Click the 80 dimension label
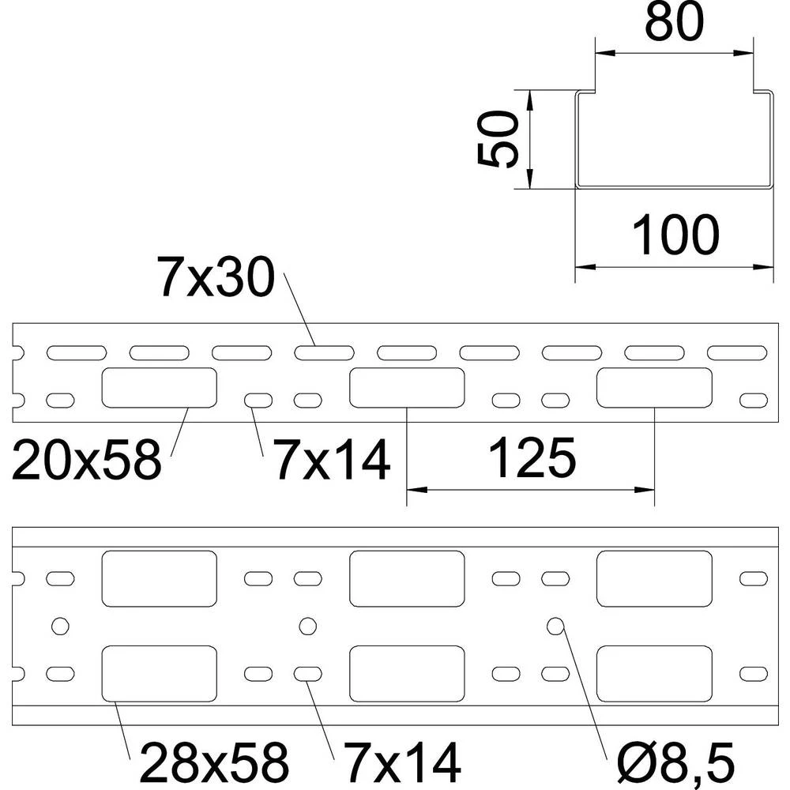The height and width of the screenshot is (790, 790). pos(673,24)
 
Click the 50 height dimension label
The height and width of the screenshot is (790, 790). pos(498,139)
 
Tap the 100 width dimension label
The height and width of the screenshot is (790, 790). pos(675,235)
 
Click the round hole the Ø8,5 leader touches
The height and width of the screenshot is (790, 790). pos(556,626)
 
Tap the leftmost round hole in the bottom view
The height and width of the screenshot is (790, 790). pos(58,626)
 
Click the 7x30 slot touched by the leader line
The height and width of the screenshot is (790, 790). pos(324,352)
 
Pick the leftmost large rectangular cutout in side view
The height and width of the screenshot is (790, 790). pos(159,388)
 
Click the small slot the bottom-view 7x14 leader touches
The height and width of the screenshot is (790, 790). pos(307,674)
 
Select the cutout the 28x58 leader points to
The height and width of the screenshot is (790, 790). pos(159,673)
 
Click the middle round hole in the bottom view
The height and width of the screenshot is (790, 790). pos(307,626)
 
